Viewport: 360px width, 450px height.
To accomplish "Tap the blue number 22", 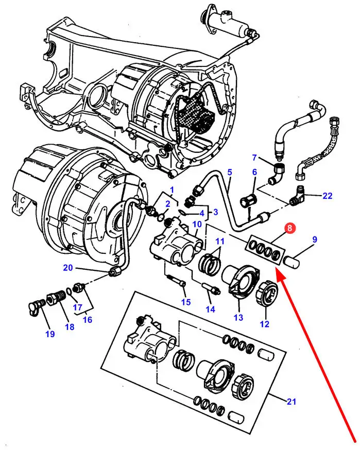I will click(x=328, y=196).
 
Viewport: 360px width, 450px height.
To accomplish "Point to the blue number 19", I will click(x=49, y=334).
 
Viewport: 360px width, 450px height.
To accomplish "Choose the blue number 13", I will click(x=238, y=318).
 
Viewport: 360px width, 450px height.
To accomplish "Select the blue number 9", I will click(x=315, y=239).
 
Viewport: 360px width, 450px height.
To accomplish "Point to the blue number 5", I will click(x=230, y=172).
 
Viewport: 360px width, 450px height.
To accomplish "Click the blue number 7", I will click(x=254, y=158).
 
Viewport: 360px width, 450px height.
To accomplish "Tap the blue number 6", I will click(x=254, y=172).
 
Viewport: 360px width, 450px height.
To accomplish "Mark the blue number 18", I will click(x=70, y=326).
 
